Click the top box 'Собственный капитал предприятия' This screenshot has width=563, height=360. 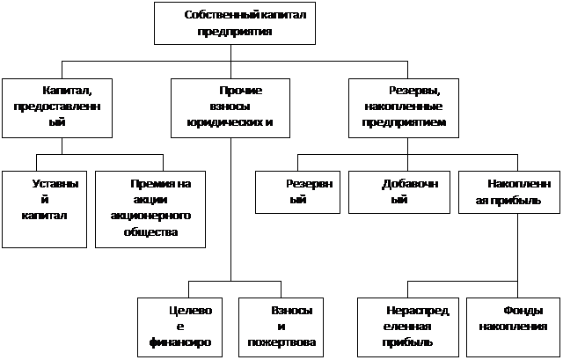coord(235,24)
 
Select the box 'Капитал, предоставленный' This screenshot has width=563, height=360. coord(57,108)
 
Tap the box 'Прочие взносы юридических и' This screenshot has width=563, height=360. coord(230,108)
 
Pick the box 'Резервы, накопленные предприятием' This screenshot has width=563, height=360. coord(404,108)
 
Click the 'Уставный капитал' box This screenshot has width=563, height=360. coord(44,209)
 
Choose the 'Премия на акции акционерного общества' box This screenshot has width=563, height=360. coord(150,209)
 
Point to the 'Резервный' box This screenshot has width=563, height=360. coord(297,192)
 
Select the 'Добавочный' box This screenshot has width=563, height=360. coord(399,192)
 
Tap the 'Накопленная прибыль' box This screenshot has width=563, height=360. coord(509,192)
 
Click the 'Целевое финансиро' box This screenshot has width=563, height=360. coord(179,327)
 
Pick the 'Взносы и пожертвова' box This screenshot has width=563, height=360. coord(281,327)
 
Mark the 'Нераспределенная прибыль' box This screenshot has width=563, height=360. coord(408,327)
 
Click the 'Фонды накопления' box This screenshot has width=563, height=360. coord(514,327)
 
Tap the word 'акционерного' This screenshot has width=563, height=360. coord(150,216)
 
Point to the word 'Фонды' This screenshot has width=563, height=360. coord(523,311)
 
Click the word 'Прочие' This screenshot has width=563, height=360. coord(240,91)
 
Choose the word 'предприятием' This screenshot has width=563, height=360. coord(404,122)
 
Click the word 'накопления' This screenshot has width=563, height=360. coord(514,327)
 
